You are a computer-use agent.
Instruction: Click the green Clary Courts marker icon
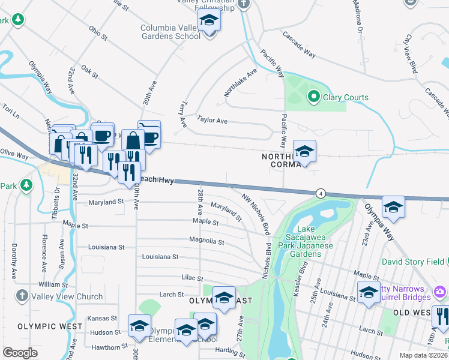tap(313, 97)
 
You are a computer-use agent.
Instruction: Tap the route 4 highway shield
tap(322, 193)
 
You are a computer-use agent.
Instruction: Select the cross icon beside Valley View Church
tap(22, 296)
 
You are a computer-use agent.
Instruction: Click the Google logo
tap(20, 353)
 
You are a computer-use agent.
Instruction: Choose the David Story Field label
tap(412, 262)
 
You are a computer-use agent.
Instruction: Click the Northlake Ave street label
tap(240, 82)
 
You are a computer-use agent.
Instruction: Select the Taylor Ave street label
tap(212, 121)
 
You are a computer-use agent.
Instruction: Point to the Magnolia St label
tap(206, 242)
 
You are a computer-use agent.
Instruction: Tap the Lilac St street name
tap(192, 278)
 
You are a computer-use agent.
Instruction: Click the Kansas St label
tap(101, 318)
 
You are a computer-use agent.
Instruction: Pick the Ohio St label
tap(97, 32)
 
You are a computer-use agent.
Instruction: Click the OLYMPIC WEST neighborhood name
tap(50, 326)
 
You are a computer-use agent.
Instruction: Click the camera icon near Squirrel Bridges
tap(441, 291)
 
